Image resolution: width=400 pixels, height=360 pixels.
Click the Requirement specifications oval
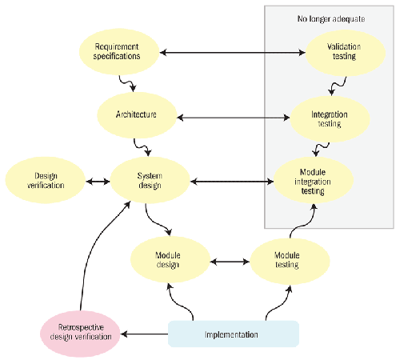coord(119,52)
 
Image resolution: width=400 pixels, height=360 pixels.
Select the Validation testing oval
coord(346,53)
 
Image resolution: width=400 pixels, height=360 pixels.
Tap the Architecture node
coord(137,115)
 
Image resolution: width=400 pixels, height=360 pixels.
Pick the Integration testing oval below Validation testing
coord(330,119)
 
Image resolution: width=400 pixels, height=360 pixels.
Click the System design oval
coord(150,180)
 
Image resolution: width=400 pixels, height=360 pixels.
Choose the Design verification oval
coord(46,180)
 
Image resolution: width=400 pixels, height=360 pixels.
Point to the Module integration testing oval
coord(314,180)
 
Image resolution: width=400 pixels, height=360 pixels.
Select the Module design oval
coord(170,259)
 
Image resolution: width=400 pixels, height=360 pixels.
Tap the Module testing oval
coord(290,261)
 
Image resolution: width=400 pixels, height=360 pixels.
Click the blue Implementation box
coord(234,334)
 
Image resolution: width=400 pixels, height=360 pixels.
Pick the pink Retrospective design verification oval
coord(80,334)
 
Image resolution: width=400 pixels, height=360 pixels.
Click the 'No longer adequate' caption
coord(331,19)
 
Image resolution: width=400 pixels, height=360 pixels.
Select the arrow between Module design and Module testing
coord(230,262)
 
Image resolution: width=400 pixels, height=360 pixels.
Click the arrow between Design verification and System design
coord(98,182)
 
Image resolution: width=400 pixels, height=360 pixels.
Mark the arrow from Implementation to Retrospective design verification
coord(144,334)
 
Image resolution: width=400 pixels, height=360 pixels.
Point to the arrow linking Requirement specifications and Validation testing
coord(232,53)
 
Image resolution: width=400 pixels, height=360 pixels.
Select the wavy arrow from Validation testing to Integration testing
coord(338,86)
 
